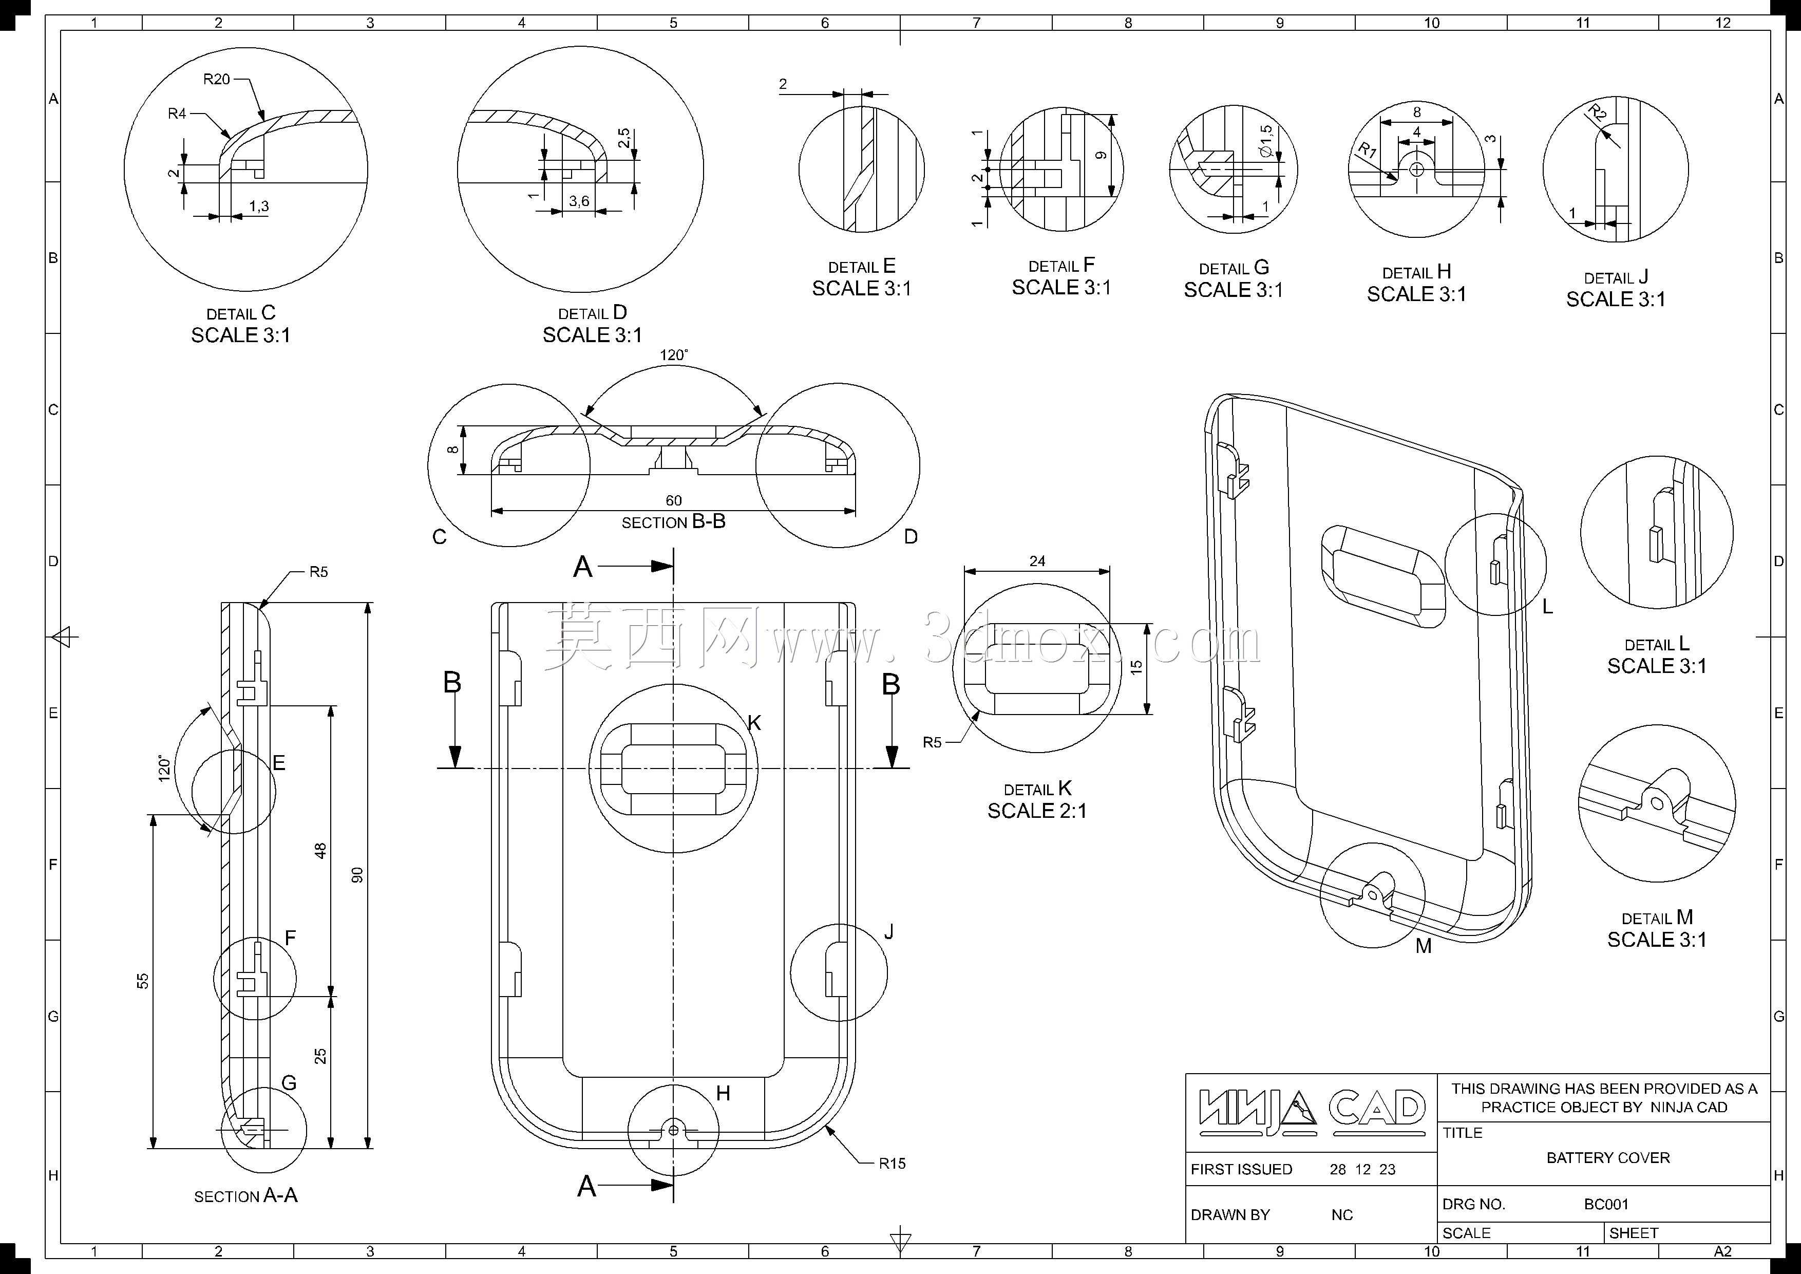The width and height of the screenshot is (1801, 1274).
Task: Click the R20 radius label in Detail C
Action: click(217, 79)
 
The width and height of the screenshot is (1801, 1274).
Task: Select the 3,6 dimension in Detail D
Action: click(579, 201)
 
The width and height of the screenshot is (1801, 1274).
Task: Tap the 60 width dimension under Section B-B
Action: click(673, 500)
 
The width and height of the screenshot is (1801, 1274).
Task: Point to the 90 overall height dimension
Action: click(357, 875)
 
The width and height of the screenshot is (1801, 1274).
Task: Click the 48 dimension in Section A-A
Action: click(320, 850)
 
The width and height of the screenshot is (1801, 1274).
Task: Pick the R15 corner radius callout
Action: click(892, 1164)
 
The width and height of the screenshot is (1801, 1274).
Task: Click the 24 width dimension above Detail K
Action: click(1037, 561)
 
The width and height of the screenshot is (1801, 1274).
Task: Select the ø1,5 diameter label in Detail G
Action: click(1266, 141)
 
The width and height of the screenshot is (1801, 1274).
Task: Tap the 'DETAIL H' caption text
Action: click(1417, 272)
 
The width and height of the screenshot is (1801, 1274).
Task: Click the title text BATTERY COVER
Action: click(1608, 1158)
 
